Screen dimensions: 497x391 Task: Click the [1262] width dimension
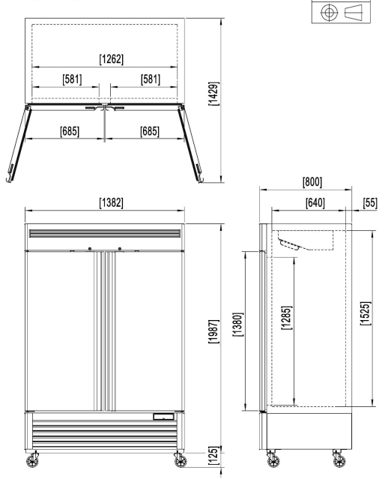click(112, 58)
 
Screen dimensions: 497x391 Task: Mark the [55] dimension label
click(369, 202)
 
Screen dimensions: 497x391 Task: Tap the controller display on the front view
click(163, 416)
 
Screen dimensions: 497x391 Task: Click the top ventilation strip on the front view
click(105, 235)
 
